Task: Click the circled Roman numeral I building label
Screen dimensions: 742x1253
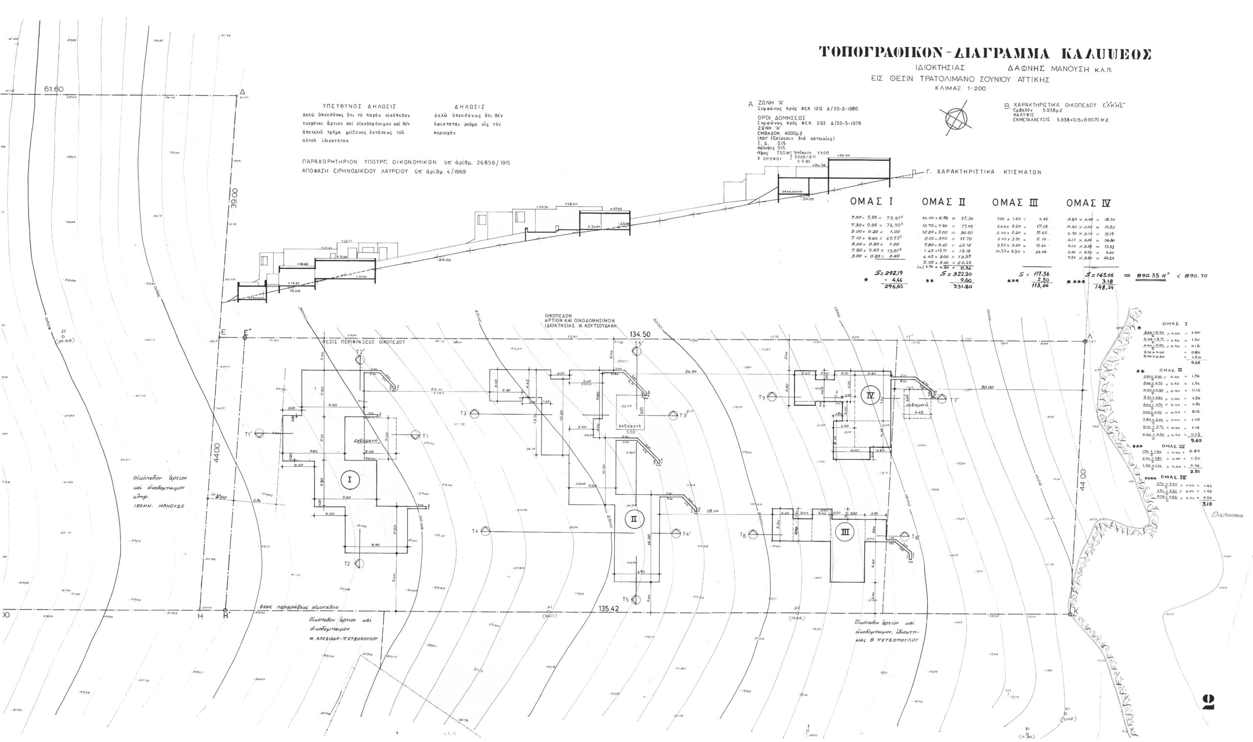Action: point(349,480)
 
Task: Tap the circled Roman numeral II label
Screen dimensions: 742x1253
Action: point(633,519)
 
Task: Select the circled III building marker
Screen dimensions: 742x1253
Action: point(844,532)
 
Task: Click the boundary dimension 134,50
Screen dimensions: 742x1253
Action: point(640,334)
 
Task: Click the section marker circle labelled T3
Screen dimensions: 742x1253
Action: point(474,413)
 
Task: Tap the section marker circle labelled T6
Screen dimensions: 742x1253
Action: point(752,534)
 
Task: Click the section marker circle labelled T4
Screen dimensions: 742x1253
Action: point(485,532)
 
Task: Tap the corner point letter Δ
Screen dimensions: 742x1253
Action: point(242,92)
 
